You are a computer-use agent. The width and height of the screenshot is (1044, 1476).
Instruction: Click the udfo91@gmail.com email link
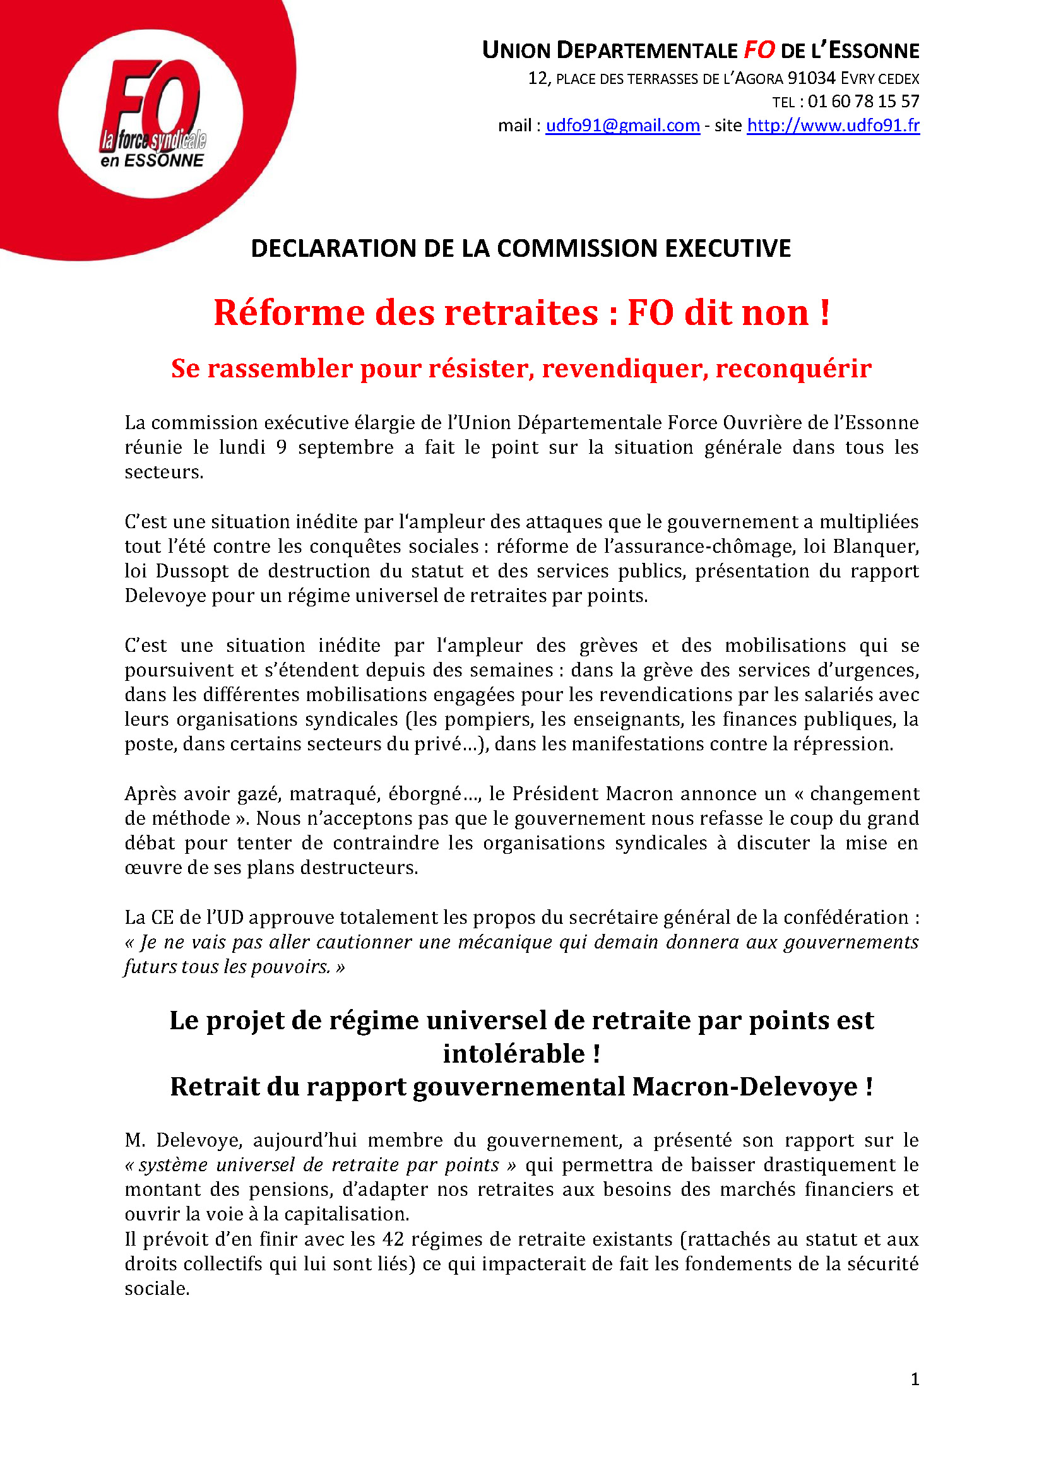[622, 126]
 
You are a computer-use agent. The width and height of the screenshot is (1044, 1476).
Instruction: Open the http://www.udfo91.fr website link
[833, 126]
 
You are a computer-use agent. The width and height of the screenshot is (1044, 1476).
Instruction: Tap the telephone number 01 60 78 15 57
[863, 102]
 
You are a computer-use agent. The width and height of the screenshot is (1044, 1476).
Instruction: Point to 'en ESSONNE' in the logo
[151, 161]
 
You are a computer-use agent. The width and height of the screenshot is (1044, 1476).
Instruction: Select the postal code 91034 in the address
[811, 78]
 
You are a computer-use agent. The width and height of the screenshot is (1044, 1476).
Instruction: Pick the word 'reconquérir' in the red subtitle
[793, 369]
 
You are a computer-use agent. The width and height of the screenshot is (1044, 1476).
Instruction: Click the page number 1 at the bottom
[915, 1379]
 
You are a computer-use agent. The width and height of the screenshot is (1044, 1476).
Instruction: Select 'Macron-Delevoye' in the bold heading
[744, 1087]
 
